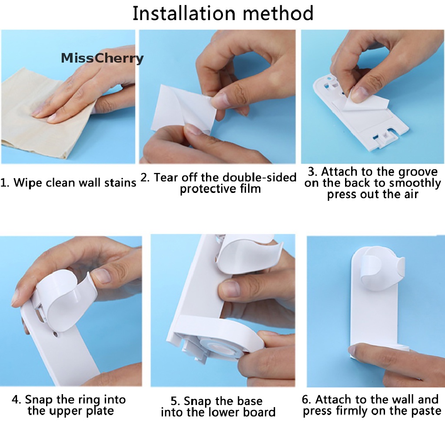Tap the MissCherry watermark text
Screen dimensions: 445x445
(102, 58)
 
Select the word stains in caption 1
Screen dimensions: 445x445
(120, 183)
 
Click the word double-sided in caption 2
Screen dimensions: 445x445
(259, 178)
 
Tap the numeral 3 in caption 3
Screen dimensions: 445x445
(311, 172)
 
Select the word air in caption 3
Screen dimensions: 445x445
(411, 194)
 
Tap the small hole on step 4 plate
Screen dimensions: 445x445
(55, 335)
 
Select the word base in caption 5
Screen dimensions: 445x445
(250, 401)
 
